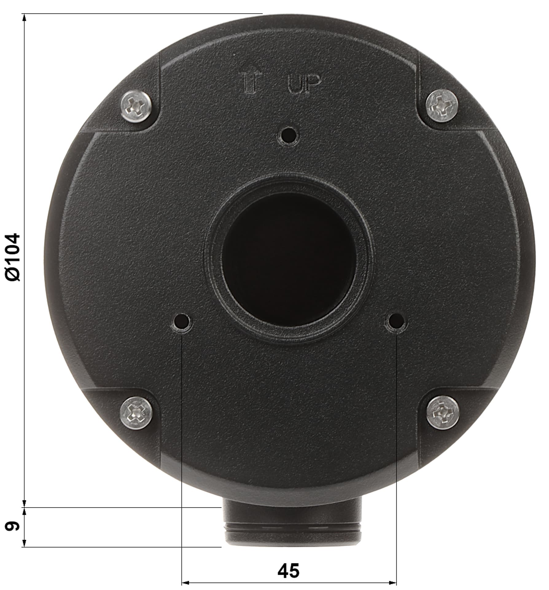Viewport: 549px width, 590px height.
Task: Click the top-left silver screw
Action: [x=136, y=106]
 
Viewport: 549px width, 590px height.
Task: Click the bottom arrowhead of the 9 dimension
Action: [x=24, y=543]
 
